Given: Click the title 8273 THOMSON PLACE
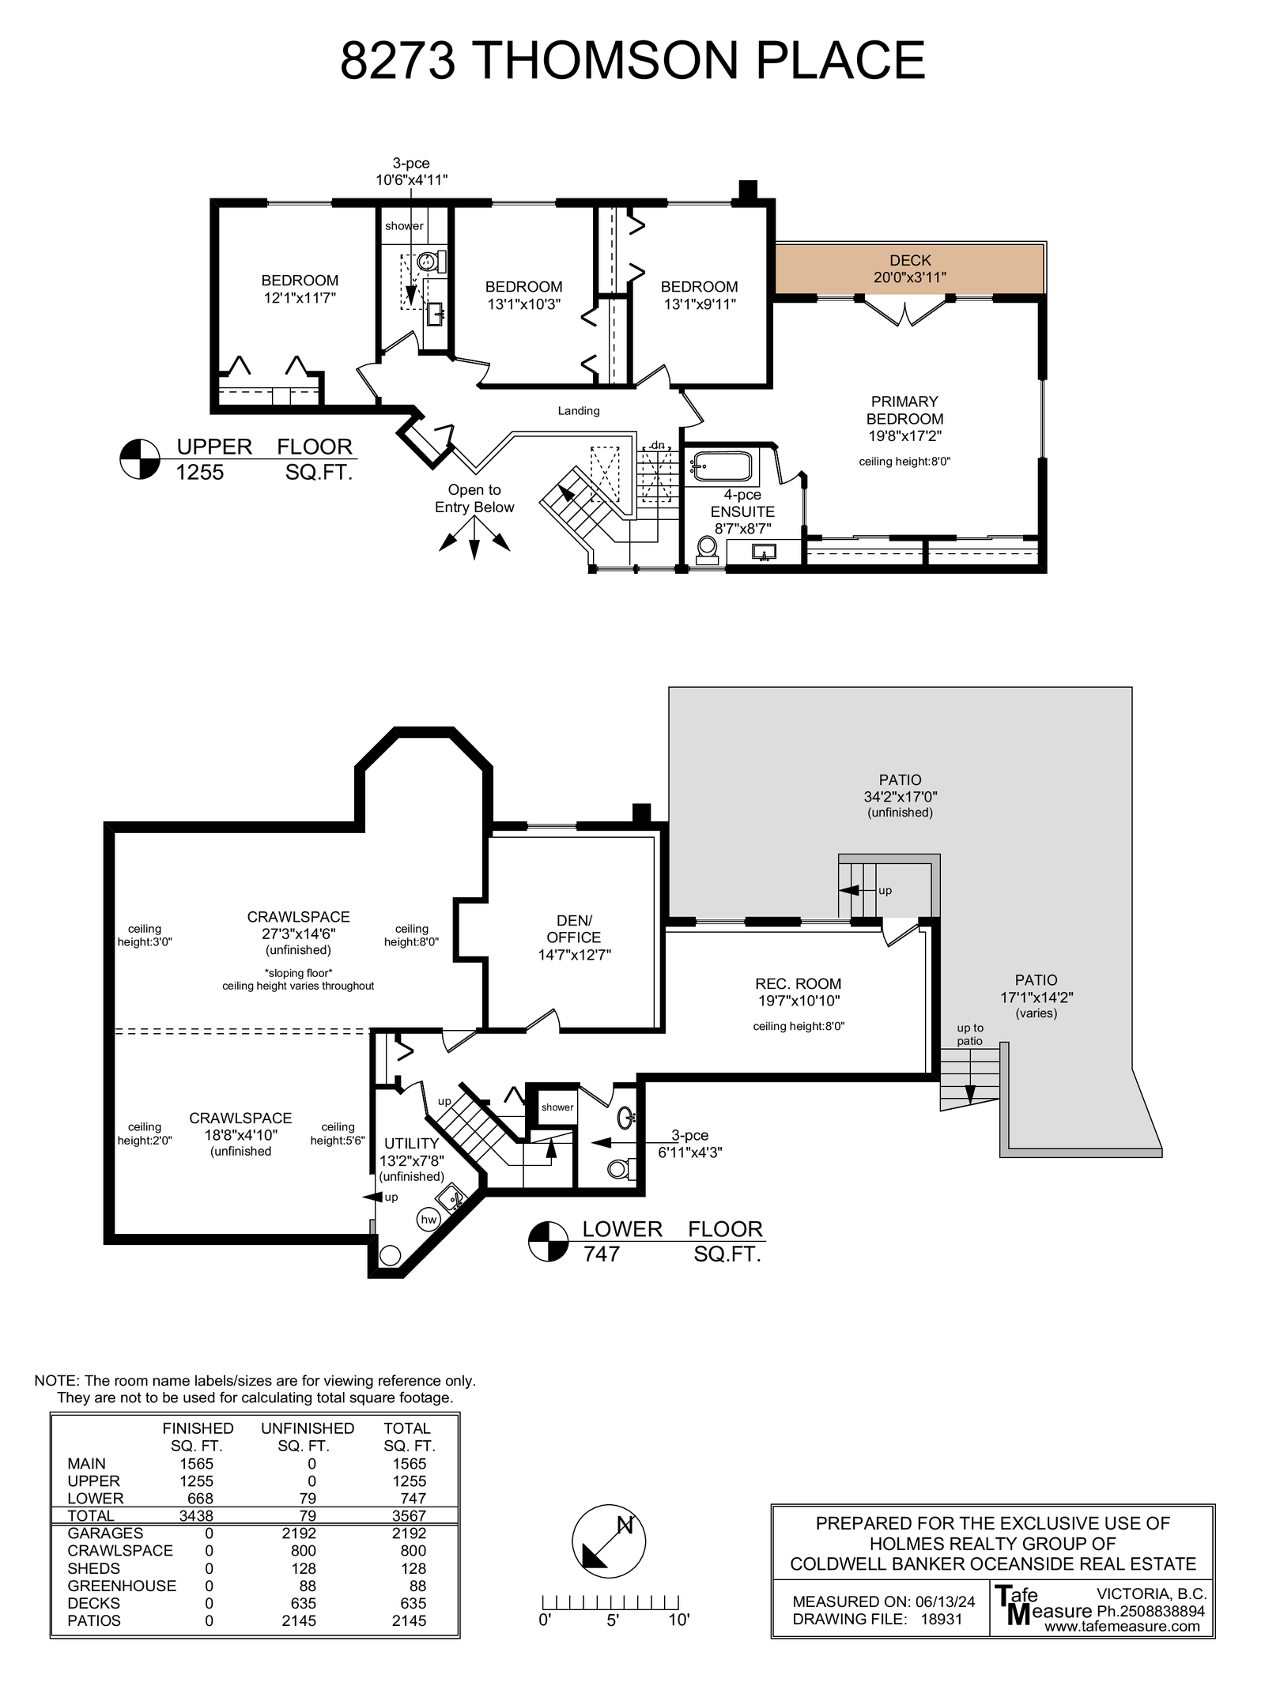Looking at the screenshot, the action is [x=632, y=60].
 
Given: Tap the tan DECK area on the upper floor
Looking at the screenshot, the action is [x=909, y=269].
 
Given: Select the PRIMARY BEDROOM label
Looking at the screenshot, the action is [x=904, y=410].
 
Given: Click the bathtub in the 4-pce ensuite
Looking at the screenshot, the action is [x=722, y=466].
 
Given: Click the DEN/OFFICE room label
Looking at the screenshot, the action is [x=574, y=929].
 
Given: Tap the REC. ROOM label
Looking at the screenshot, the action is [x=798, y=983].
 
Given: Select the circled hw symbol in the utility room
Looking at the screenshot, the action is [x=429, y=1220].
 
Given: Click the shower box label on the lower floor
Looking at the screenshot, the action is [x=557, y=1107].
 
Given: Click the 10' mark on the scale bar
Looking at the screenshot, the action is [x=679, y=1620].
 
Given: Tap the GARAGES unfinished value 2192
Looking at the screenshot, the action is [x=303, y=1533].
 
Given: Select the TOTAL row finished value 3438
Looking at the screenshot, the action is [x=196, y=1515].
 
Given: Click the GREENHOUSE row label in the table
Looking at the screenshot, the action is [x=122, y=1586].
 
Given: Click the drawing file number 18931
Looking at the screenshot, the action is [x=942, y=1619].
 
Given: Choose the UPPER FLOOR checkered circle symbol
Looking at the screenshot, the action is [x=140, y=459].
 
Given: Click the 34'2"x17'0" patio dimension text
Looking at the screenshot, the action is [x=901, y=797].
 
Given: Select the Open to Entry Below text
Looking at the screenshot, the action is [x=474, y=499].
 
